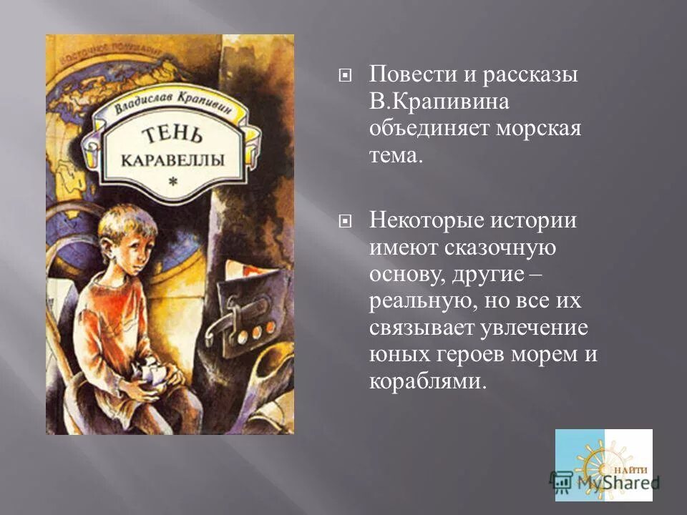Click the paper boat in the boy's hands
pos(154,373)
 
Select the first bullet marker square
pos(345,74)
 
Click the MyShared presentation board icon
pos(562,480)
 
